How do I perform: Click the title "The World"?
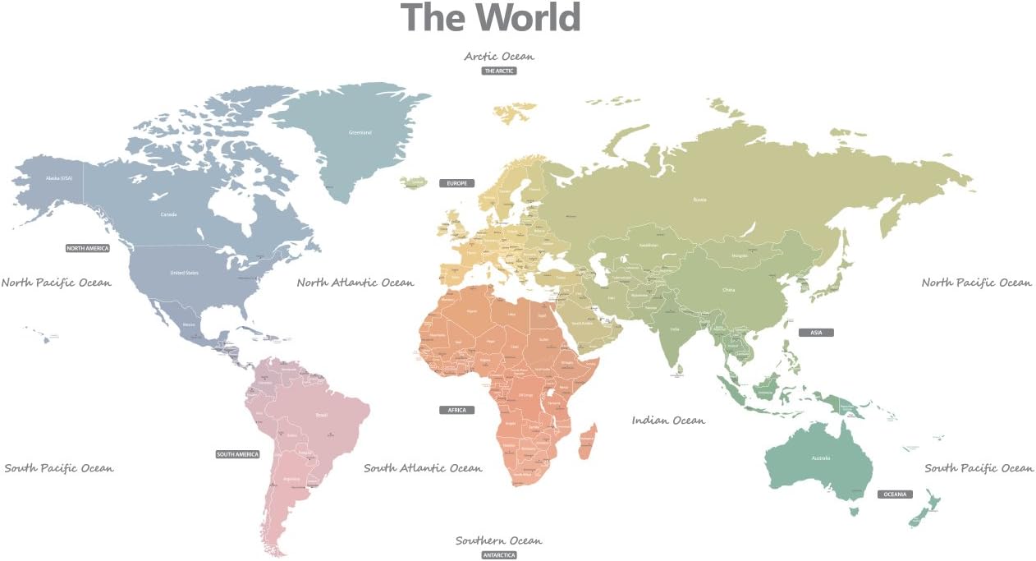coord(490,17)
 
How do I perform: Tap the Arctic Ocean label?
coord(499,57)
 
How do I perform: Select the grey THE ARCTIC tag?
coord(499,71)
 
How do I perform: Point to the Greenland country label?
coord(360,132)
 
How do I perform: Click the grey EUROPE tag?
coord(456,183)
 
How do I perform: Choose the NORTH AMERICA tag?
coord(88,248)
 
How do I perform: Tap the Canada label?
coord(168,215)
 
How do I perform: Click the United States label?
coord(184,273)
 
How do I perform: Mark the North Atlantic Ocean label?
coord(355,283)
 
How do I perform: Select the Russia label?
coord(699,200)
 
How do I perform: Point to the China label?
coord(728,290)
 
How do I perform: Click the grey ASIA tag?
coord(816,333)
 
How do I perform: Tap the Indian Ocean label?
coord(668,421)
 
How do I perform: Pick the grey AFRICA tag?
coord(456,410)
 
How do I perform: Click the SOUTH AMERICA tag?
coord(237,454)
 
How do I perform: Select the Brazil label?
coord(321,415)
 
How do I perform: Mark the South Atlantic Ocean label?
coord(423,468)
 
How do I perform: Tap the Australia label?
coord(821,458)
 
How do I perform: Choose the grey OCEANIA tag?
coord(895,494)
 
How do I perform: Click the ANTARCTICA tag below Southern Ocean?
coord(499,555)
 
